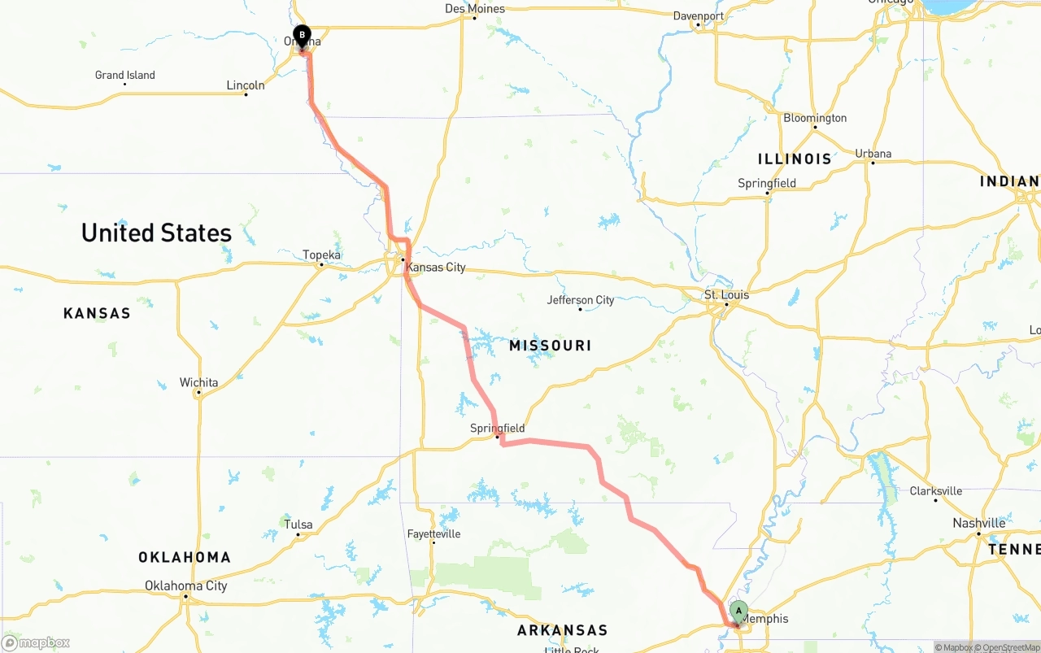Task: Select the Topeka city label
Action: [321, 255]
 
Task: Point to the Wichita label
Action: [198, 382]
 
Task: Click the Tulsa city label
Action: [298, 525]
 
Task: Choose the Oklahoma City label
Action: [185, 586]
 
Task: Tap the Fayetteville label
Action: [433, 534]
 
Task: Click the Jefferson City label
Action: [580, 300]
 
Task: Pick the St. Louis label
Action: [726, 294]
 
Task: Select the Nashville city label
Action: [978, 523]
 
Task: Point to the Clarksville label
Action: [935, 491]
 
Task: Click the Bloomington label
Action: [814, 118]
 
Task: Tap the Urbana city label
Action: [873, 154]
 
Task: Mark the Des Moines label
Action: [475, 9]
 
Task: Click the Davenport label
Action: [698, 15]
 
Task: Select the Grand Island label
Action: [124, 75]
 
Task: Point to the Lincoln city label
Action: [245, 85]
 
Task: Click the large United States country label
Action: [156, 233]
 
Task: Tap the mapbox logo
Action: [36, 642]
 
